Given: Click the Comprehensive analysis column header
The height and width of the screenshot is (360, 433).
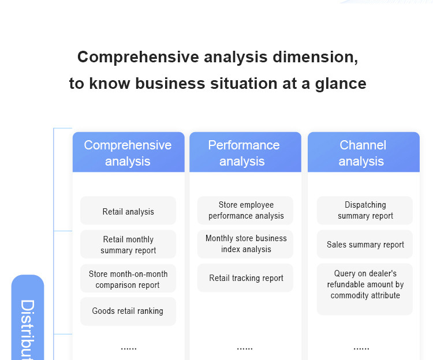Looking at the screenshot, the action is coord(128,152).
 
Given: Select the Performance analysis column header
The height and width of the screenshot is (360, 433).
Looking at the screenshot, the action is coord(245,152).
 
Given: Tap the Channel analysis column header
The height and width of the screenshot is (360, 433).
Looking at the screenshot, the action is coord(363,152).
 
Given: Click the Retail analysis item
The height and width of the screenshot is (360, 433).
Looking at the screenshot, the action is coord(128,211).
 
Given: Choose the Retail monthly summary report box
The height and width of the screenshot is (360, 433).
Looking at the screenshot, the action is coord(128,245).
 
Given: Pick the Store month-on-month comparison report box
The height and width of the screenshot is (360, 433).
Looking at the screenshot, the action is coord(128,279).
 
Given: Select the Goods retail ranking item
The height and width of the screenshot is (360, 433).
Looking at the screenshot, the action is coord(128,312).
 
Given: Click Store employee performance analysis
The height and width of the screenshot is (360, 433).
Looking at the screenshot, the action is coord(245,211).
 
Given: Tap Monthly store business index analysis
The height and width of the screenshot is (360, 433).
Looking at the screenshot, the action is coord(245,244).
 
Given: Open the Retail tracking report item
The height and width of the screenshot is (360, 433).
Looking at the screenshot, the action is coord(245,278).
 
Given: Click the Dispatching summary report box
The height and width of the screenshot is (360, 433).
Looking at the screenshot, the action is coord(365,211).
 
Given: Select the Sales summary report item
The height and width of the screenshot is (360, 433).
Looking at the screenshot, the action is coord(365,244).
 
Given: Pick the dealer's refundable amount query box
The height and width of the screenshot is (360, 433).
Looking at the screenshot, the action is coord(365,290).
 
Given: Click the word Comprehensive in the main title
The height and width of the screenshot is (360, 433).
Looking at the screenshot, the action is coord(138,57).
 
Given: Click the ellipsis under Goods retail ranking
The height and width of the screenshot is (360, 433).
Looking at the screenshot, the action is coord(129,349).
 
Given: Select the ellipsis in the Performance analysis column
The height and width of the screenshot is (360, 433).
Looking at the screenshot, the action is coord(245,349).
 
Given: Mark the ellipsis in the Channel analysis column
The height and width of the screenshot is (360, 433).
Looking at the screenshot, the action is coord(361,349).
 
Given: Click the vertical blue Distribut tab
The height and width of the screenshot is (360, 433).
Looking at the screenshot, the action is coord(28,317).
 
